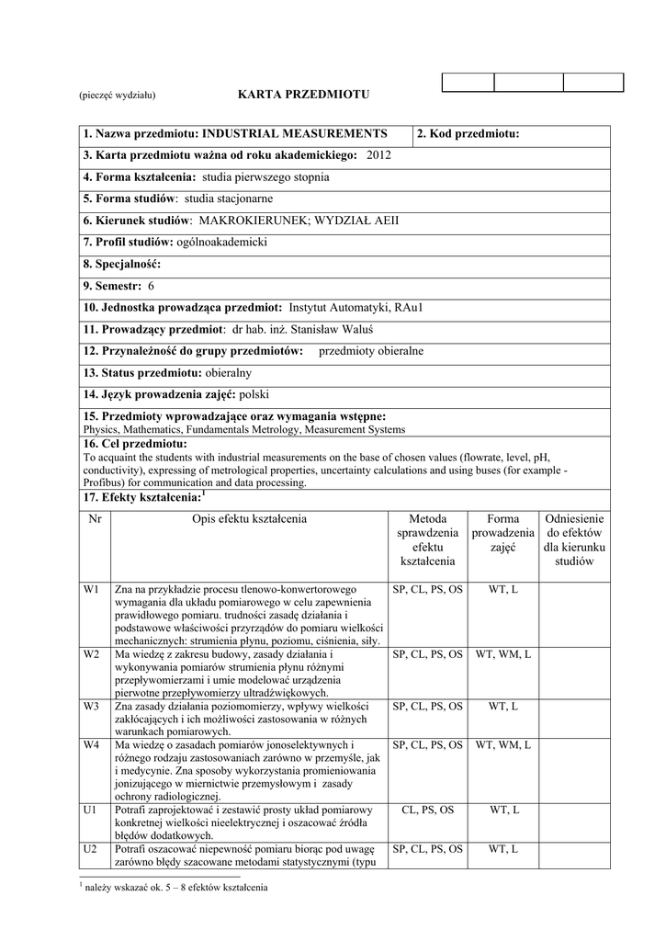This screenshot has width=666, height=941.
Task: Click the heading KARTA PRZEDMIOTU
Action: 302,95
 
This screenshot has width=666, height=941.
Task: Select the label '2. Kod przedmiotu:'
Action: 468,134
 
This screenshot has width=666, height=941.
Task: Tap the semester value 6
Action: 152,286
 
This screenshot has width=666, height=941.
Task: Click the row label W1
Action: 90,588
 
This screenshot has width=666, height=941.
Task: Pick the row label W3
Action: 90,706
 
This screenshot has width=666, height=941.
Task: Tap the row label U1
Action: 90,810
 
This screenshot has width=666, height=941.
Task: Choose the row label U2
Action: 90,849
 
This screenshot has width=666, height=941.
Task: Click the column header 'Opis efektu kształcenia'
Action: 249,519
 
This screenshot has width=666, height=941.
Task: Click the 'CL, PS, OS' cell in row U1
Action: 427,810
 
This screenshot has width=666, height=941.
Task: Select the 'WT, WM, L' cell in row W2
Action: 502,654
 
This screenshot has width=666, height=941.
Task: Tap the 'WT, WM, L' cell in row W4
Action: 502,744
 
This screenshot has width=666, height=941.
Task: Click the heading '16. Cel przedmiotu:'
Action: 134,444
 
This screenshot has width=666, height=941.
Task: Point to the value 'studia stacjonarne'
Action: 229,198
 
